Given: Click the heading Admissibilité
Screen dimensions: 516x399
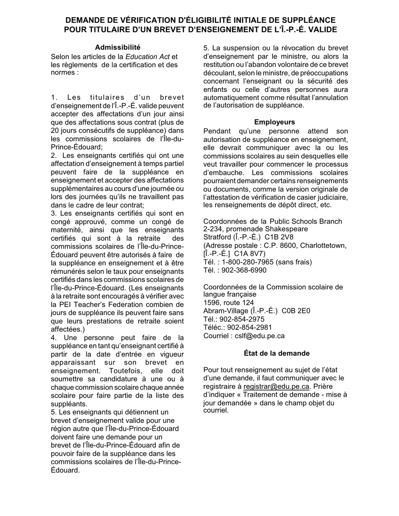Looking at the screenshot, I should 118,47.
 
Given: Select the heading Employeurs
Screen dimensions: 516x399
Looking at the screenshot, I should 275,122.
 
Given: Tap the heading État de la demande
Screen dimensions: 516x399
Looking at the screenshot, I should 276,353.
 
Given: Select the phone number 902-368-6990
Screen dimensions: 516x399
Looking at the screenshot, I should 245,271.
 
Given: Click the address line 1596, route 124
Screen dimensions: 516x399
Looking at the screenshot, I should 228,302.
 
